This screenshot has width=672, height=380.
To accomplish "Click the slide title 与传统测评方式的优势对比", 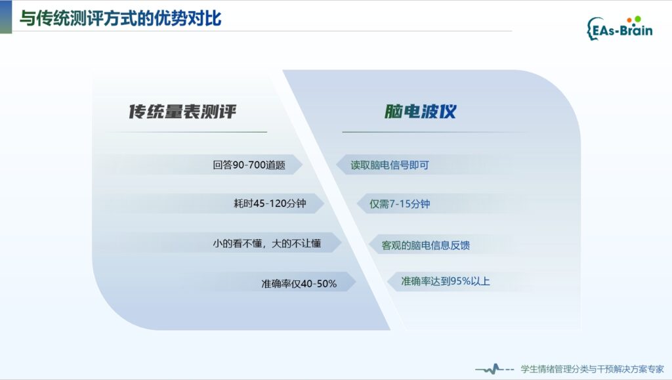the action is tap(121, 18).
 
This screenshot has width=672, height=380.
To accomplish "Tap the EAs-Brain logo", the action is tap(619, 28).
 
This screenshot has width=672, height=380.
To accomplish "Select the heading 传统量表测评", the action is tap(182, 112).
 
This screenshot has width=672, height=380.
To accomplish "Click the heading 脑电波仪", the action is tap(420, 112).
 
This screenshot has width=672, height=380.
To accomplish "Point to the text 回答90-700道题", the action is tap(249, 165).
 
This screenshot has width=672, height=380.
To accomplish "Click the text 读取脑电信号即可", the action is tap(390, 165).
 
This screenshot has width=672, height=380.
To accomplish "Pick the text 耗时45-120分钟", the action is tap(270, 203).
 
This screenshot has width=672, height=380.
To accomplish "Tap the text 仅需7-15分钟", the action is tap(400, 204).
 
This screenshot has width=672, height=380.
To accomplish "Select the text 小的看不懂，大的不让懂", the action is tap(266, 243).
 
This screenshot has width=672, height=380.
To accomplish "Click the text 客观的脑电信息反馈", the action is tap(425, 245).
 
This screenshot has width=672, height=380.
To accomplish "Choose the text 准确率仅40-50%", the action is tap(299, 284).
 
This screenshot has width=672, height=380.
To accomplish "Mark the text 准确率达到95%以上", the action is tap(446, 281).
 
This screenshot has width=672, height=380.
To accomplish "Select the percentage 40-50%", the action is tap(319, 284).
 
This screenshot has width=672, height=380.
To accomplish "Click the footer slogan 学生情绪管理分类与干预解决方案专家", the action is tap(592, 369).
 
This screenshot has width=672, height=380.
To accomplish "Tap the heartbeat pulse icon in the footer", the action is tap(495, 369).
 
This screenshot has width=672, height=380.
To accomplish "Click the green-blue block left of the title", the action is tap(6, 16).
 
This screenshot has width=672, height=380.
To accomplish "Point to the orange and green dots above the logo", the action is tap(634, 19).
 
